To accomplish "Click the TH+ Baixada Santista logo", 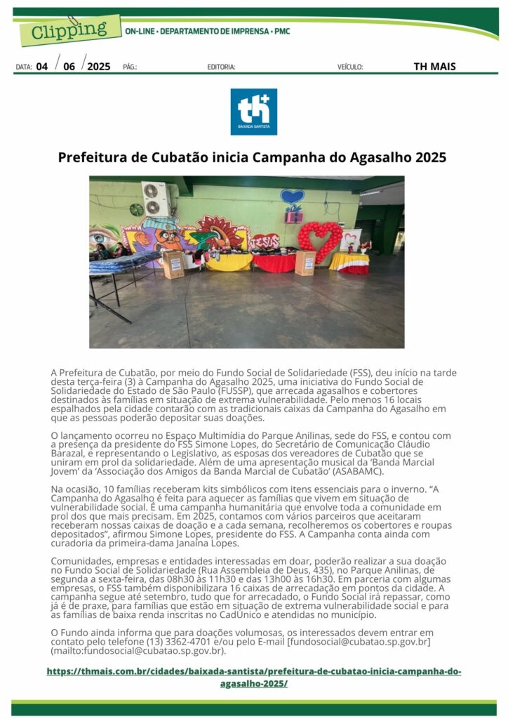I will (253, 111).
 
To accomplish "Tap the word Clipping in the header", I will (67, 30).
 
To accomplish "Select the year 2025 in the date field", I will (99, 67).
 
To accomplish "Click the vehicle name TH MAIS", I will (434, 67).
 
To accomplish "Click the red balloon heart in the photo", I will (320, 237).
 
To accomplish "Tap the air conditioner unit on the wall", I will (156, 199).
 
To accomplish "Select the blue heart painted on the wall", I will (292, 196).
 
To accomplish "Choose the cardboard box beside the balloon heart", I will (305, 263).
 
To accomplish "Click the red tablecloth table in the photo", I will (274, 263).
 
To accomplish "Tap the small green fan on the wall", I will (136, 209).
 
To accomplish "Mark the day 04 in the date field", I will (42, 67).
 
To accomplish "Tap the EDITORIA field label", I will (221, 67).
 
